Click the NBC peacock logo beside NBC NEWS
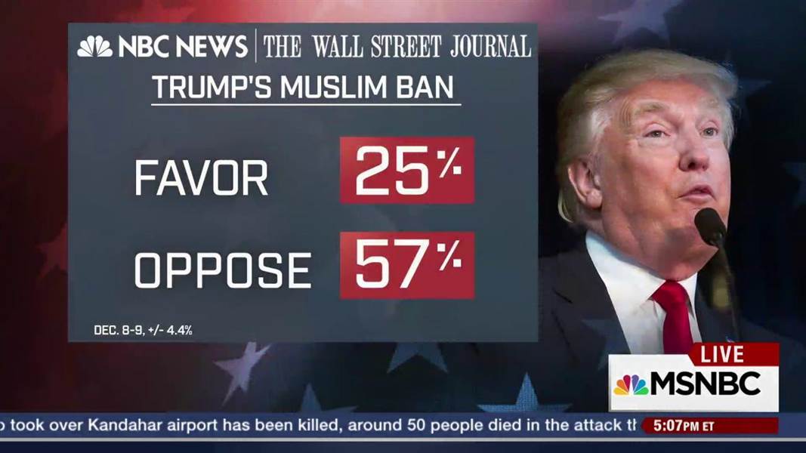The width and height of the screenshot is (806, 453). (94, 47)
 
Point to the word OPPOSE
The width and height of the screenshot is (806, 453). (223, 270)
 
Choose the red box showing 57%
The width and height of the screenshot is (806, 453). (407, 265)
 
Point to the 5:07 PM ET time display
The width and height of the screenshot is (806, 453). (688, 426)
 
